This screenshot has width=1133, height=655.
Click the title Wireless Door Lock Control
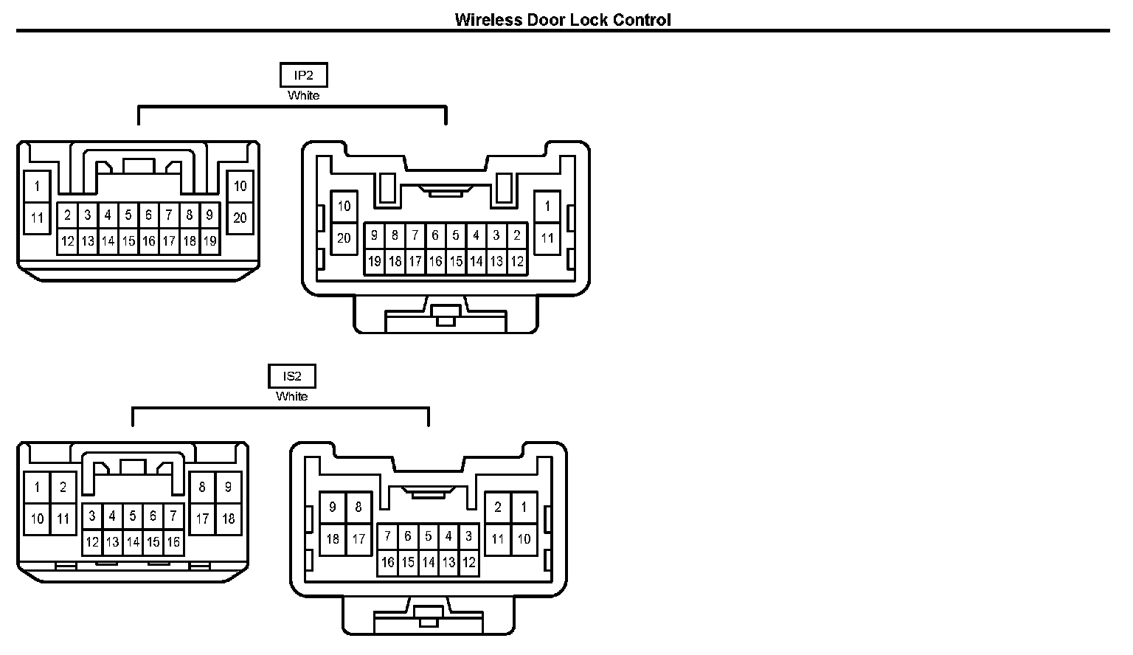[562, 20]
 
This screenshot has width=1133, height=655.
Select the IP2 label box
[303, 75]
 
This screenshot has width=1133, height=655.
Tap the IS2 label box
[291, 376]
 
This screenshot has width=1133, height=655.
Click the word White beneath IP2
[303, 95]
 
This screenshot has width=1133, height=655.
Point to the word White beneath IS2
[291, 396]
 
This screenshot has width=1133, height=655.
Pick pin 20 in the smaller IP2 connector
[240, 218]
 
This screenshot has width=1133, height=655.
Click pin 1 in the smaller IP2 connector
[37, 186]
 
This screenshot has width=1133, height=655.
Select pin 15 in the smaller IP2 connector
[128, 240]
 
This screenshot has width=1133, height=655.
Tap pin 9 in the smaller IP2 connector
[209, 215]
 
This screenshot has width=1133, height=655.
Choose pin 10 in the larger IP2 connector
[344, 206]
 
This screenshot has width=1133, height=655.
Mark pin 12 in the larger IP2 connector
[517, 261]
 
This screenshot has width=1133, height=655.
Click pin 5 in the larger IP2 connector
[456, 235]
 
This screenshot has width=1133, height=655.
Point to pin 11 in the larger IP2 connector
[547, 238]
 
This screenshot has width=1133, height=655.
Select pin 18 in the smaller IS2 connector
[228, 519]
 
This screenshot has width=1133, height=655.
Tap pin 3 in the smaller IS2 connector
[92, 516]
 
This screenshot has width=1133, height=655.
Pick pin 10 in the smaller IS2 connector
[37, 519]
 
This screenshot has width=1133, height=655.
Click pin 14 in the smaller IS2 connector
[133, 542]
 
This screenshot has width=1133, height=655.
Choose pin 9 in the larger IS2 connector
[333, 507]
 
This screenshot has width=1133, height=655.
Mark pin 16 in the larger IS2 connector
[388, 562]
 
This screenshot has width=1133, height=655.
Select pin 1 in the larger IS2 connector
[524, 507]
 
